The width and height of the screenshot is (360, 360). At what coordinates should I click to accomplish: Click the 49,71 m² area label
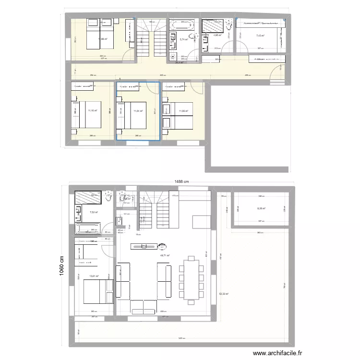(165, 256)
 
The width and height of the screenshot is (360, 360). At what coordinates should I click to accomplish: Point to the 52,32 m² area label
(224, 294)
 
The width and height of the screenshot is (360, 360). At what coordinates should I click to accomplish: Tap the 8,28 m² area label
(261, 208)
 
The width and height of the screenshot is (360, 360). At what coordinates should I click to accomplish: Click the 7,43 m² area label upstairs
(261, 36)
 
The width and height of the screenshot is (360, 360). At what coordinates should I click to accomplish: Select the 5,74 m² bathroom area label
(183, 40)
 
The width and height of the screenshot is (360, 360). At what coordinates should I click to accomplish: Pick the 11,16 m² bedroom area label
(92, 110)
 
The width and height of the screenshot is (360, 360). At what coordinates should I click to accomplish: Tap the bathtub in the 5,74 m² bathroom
(181, 24)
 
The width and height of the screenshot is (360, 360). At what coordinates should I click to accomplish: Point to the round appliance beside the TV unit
(162, 247)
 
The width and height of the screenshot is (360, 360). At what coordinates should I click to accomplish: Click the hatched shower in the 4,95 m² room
(211, 25)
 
